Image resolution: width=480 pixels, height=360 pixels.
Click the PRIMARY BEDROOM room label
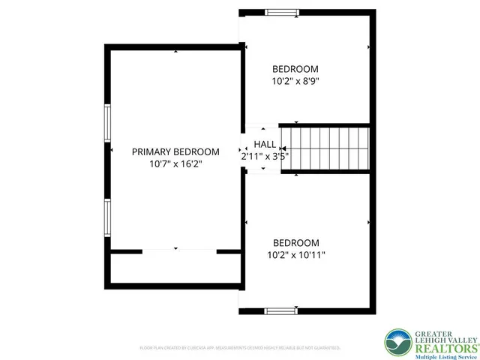(x=175, y=151)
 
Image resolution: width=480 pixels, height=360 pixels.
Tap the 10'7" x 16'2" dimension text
(x=175, y=163)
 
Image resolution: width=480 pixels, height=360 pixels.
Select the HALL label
(x=265, y=145)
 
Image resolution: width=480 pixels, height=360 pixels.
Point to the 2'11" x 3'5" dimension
(x=265, y=157)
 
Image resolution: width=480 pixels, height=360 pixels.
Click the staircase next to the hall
(x=325, y=148)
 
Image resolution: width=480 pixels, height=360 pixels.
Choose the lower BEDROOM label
(x=295, y=243)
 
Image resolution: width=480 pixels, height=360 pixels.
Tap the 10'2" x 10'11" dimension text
(x=295, y=255)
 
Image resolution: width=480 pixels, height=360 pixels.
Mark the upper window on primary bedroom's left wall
(x=107, y=123)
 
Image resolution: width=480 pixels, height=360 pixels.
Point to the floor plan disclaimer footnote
(x=240, y=349)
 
